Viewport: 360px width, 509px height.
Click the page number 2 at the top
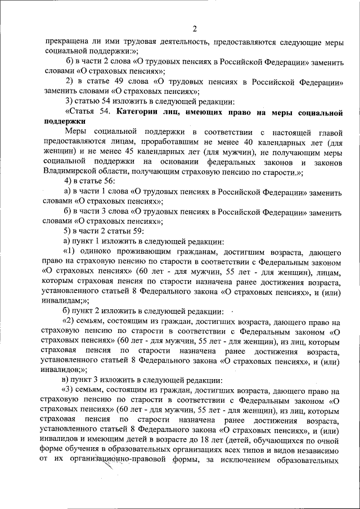[194, 29]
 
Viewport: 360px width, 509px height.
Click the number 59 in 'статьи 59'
[138, 231]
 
